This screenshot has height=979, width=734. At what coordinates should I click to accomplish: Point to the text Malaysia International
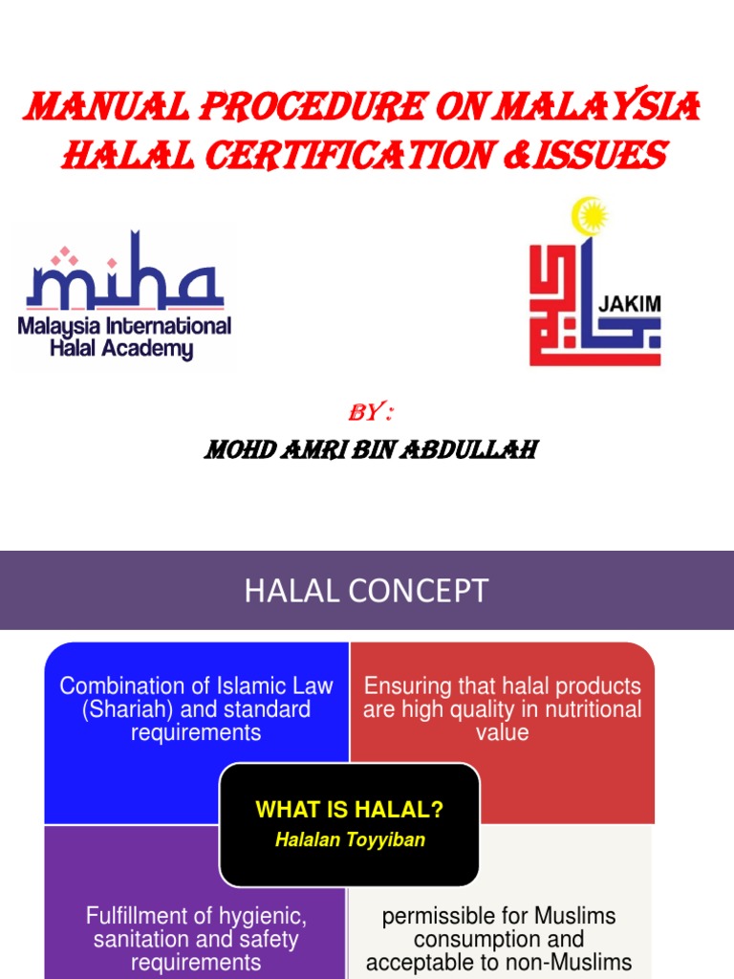[x=124, y=327]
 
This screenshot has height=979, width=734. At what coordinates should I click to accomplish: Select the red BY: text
[x=371, y=413]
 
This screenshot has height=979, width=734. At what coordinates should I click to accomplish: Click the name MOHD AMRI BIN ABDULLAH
[x=370, y=448]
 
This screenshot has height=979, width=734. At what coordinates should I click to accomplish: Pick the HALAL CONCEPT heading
[x=366, y=590]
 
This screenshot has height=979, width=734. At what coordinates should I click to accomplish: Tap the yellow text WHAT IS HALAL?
[x=350, y=811]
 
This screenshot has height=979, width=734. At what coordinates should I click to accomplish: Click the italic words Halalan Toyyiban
[x=350, y=840]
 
